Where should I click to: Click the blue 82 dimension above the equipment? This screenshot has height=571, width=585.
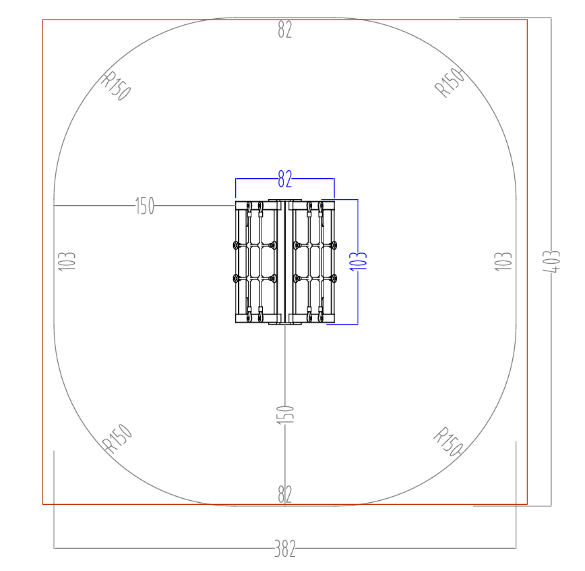click(284, 179)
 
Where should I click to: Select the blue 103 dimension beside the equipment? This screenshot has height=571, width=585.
click(358, 261)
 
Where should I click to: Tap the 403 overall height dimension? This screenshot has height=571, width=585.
click(551, 262)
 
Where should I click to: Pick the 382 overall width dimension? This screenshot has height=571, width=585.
click(285, 549)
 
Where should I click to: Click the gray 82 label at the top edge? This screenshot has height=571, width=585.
click(284, 30)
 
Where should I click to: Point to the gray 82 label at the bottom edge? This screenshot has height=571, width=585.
click(284, 494)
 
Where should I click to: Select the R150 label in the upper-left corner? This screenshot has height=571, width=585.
click(116, 86)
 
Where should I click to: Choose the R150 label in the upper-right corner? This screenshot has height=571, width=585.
click(450, 82)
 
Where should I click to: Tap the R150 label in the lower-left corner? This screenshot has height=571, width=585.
click(117, 439)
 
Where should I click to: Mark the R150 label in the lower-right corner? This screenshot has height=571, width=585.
click(448, 441)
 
